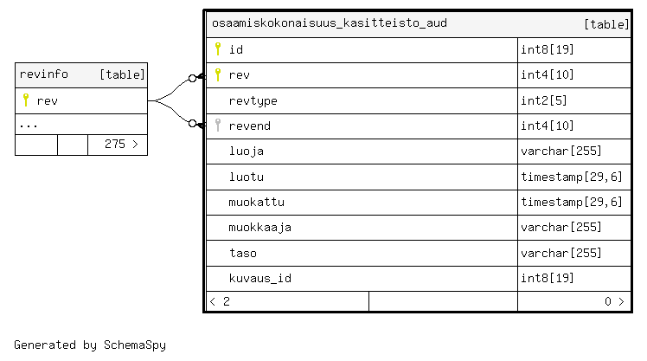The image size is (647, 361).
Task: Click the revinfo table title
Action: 44,74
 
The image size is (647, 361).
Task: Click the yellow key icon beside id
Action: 218,48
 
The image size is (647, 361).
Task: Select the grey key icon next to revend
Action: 218,126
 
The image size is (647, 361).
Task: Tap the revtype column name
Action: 253,100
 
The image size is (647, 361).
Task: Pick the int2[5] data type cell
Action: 544,100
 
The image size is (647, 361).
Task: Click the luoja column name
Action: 247,151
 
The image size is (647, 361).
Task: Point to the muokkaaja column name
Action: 260,228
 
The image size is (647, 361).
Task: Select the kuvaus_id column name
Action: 260,278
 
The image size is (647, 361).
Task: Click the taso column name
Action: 243,253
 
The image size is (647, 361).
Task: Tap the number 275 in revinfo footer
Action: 115,145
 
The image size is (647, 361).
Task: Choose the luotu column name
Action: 247,177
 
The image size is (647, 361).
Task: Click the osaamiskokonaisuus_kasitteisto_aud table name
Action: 330,23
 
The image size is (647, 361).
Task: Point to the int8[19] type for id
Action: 548,49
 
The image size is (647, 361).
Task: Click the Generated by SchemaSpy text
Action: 90,345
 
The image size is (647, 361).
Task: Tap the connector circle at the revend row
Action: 192,124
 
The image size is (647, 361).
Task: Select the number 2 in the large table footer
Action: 227,301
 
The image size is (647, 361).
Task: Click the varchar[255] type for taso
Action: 561,253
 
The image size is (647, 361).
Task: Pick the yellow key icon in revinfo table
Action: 26,100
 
